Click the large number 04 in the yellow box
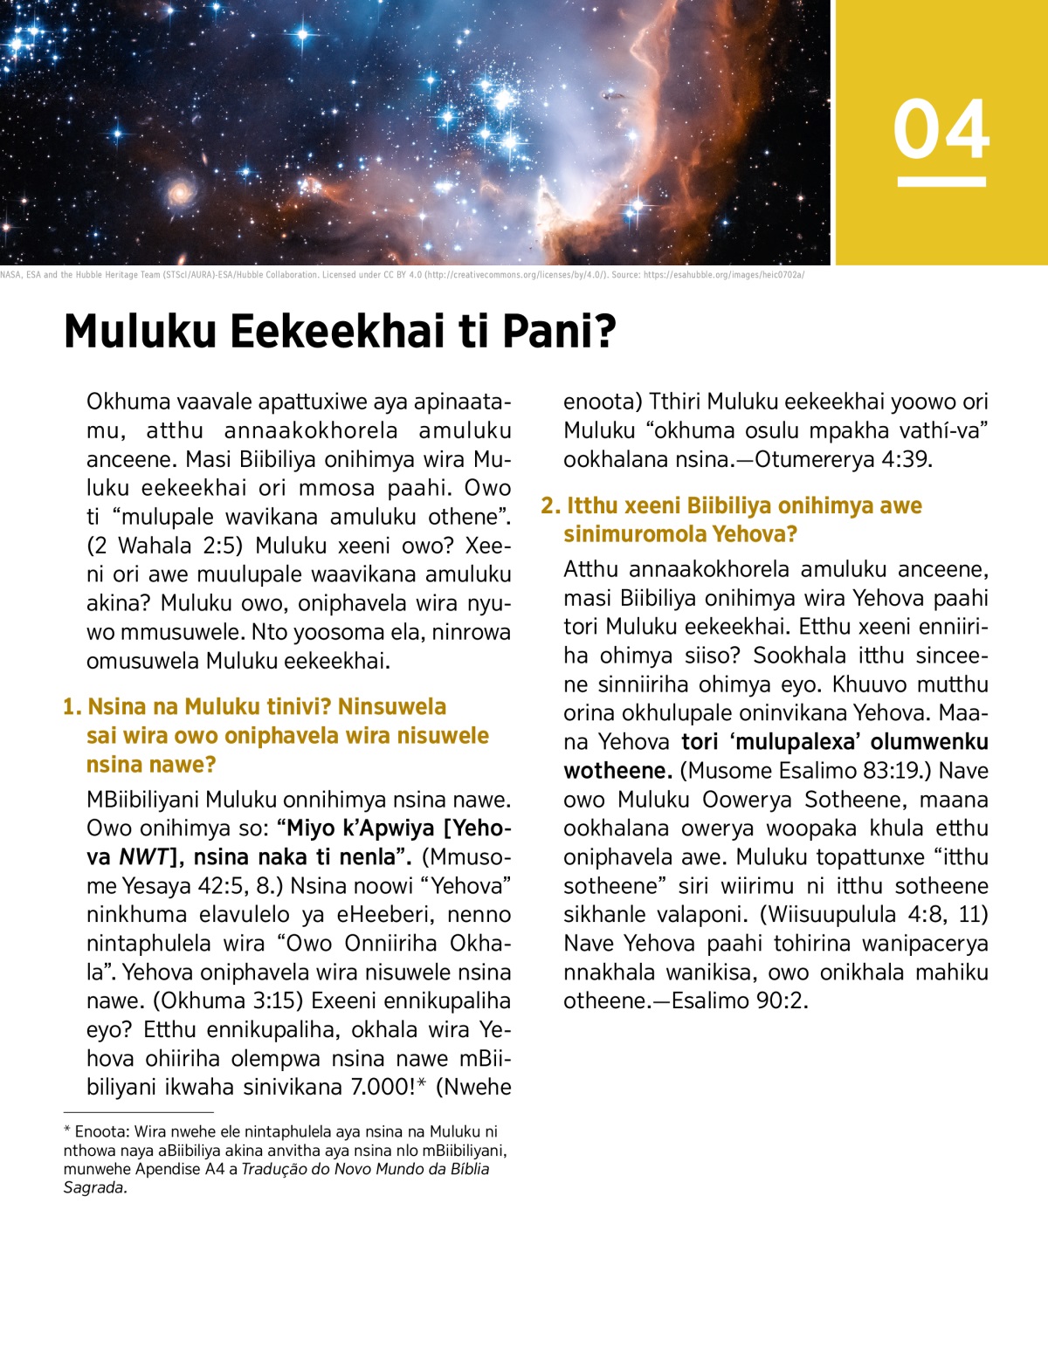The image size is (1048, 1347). pyautogui.click(x=941, y=129)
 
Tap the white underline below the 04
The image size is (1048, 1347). pyautogui.click(x=941, y=182)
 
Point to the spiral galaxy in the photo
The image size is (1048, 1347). pyautogui.click(x=180, y=191)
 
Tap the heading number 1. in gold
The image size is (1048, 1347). pyautogui.click(x=72, y=706)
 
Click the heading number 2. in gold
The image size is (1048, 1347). pyautogui.click(x=550, y=505)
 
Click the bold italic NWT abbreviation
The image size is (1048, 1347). pyautogui.click(x=143, y=857)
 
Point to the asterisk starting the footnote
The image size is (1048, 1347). pyautogui.click(x=67, y=1131)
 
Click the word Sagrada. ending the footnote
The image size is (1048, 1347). pyautogui.click(x=95, y=1187)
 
